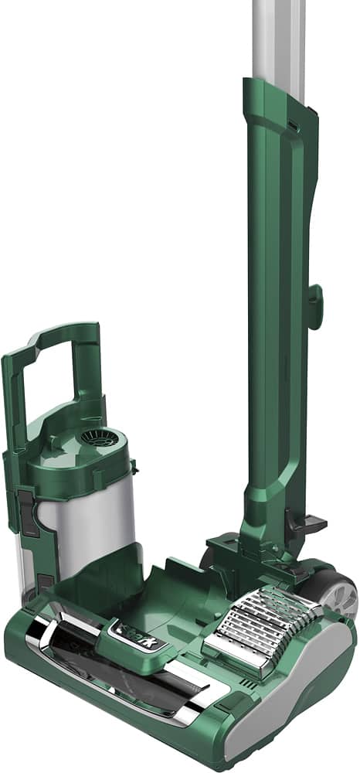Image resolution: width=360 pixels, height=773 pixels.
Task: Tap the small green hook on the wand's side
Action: (x=314, y=305)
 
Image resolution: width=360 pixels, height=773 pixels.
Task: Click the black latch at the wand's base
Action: (x=295, y=523)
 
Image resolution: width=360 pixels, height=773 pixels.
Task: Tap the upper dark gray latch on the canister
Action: (x=25, y=511)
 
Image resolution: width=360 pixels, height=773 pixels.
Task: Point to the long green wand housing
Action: (x=274, y=309)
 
